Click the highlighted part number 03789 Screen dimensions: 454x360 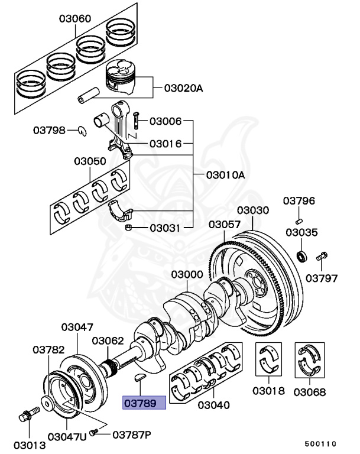(144, 403)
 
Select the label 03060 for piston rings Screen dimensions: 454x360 (74, 18)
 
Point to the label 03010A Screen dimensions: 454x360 (225, 175)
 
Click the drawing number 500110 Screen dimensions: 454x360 (320, 443)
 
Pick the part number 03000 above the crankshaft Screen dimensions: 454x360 (187, 275)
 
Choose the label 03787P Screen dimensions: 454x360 (131, 434)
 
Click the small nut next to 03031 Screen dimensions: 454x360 (128, 227)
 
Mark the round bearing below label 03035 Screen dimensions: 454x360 (302, 256)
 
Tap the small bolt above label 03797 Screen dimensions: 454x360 (322, 257)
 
